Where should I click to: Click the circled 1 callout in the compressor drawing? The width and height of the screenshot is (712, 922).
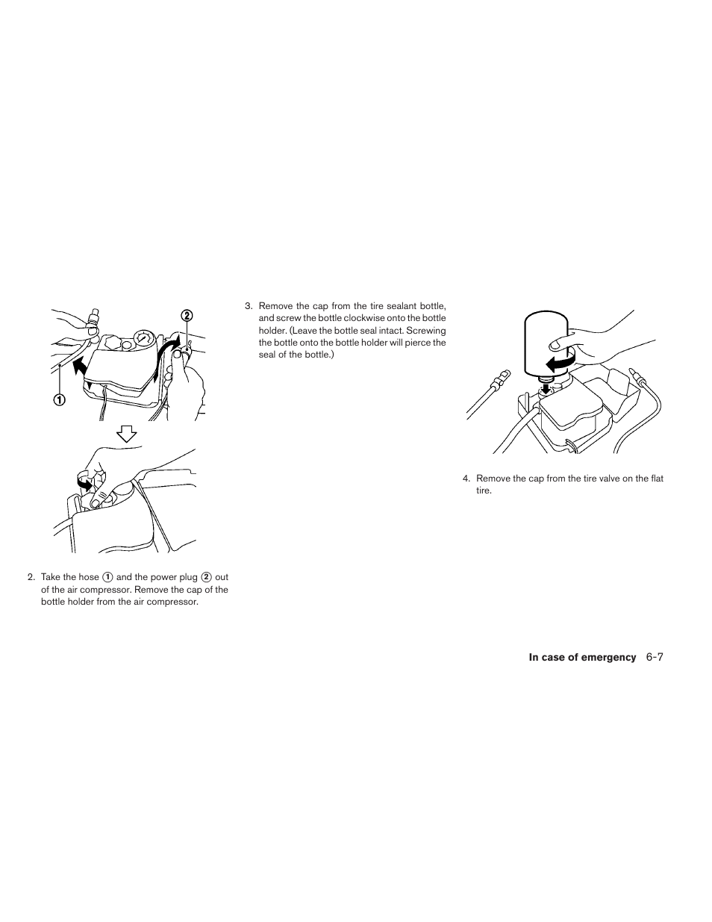(x=58, y=399)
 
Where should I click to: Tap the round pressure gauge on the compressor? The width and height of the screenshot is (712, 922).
(x=143, y=340)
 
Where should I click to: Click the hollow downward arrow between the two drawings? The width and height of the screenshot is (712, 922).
(x=128, y=433)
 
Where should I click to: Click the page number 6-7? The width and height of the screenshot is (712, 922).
(x=655, y=657)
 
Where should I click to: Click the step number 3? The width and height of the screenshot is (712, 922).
(x=248, y=306)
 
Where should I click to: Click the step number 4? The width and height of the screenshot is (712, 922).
(x=466, y=479)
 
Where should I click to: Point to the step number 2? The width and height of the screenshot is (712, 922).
(x=31, y=577)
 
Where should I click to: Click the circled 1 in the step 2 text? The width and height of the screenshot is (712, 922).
(x=107, y=577)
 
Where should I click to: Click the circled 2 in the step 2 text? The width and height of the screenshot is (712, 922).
(x=206, y=577)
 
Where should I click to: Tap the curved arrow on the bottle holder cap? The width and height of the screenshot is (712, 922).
(x=84, y=484)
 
